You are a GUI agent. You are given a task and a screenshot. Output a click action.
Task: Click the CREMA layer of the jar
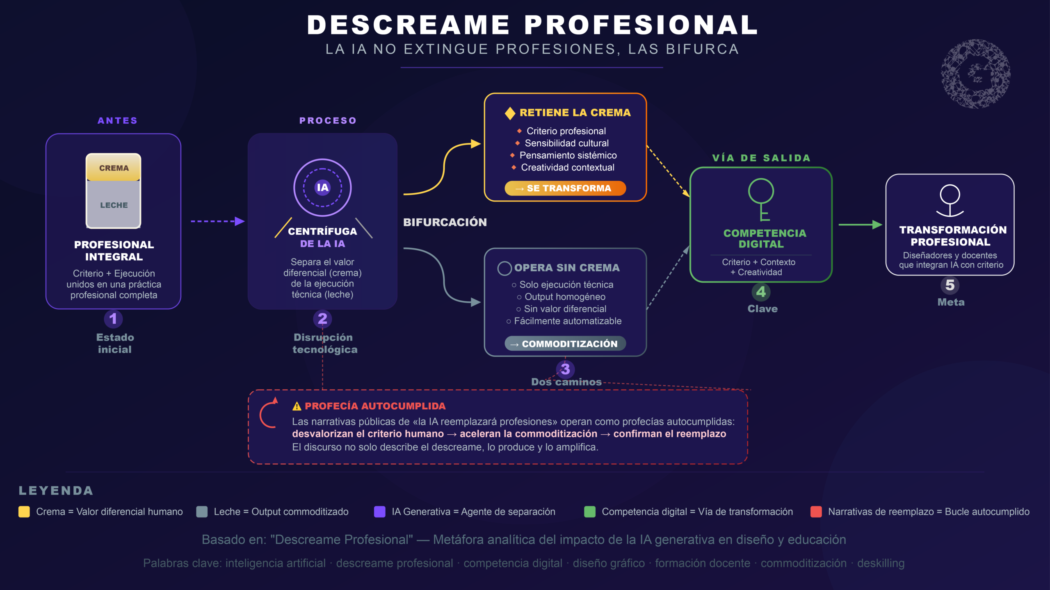pyautogui.click(x=114, y=168)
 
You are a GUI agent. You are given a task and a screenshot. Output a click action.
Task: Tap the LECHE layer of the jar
pyautogui.click(x=114, y=204)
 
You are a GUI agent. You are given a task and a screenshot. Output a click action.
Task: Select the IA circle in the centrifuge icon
pyautogui.click(x=322, y=188)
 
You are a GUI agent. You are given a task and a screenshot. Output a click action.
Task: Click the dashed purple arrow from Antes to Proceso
pyautogui.click(x=217, y=221)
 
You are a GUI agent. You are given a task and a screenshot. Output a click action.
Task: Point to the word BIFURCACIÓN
pyautogui.click(x=445, y=222)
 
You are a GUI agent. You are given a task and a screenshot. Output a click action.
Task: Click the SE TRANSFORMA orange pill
pyautogui.click(x=565, y=188)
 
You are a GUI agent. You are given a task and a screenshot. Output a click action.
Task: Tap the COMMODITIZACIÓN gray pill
pyautogui.click(x=565, y=344)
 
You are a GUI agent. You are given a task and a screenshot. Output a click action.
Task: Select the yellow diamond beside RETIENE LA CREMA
pyautogui.click(x=510, y=113)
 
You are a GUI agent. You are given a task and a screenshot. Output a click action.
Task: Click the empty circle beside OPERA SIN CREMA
pyautogui.click(x=504, y=268)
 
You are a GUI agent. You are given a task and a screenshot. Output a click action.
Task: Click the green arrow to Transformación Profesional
pyautogui.click(x=860, y=225)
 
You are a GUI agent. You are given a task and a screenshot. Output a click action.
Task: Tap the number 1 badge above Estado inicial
pyautogui.click(x=113, y=319)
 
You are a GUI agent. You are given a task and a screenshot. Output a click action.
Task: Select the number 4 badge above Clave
pyautogui.click(x=761, y=292)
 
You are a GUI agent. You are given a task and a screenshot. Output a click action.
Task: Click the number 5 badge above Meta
pyautogui.click(x=950, y=285)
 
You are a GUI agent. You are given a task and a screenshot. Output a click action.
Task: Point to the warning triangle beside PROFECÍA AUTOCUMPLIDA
pyautogui.click(x=297, y=406)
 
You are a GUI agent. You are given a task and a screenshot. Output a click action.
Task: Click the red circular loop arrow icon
pyautogui.click(x=269, y=414)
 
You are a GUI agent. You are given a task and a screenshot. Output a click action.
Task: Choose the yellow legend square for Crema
pyautogui.click(x=24, y=512)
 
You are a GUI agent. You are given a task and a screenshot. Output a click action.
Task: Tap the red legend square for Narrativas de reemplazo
pyautogui.click(x=816, y=512)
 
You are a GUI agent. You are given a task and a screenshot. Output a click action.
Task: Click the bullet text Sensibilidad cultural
pyautogui.click(x=566, y=143)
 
